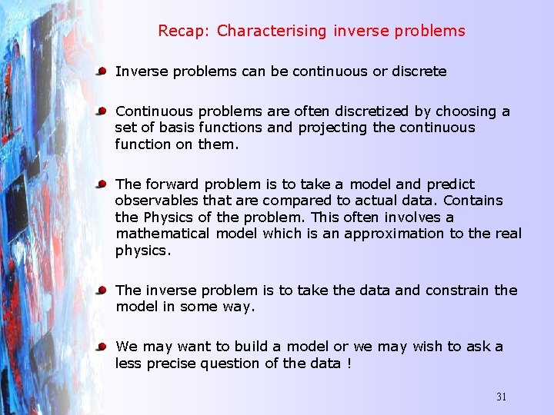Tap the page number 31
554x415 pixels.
point(501,397)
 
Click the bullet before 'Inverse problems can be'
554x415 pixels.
point(102,71)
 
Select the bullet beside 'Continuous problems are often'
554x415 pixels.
point(102,111)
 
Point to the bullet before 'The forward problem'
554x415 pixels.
point(102,184)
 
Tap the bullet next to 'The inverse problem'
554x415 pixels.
point(102,290)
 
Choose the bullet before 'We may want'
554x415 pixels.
point(102,347)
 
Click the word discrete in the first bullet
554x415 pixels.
point(419,71)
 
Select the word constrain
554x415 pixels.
point(457,290)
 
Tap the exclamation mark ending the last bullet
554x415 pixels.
point(349,363)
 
